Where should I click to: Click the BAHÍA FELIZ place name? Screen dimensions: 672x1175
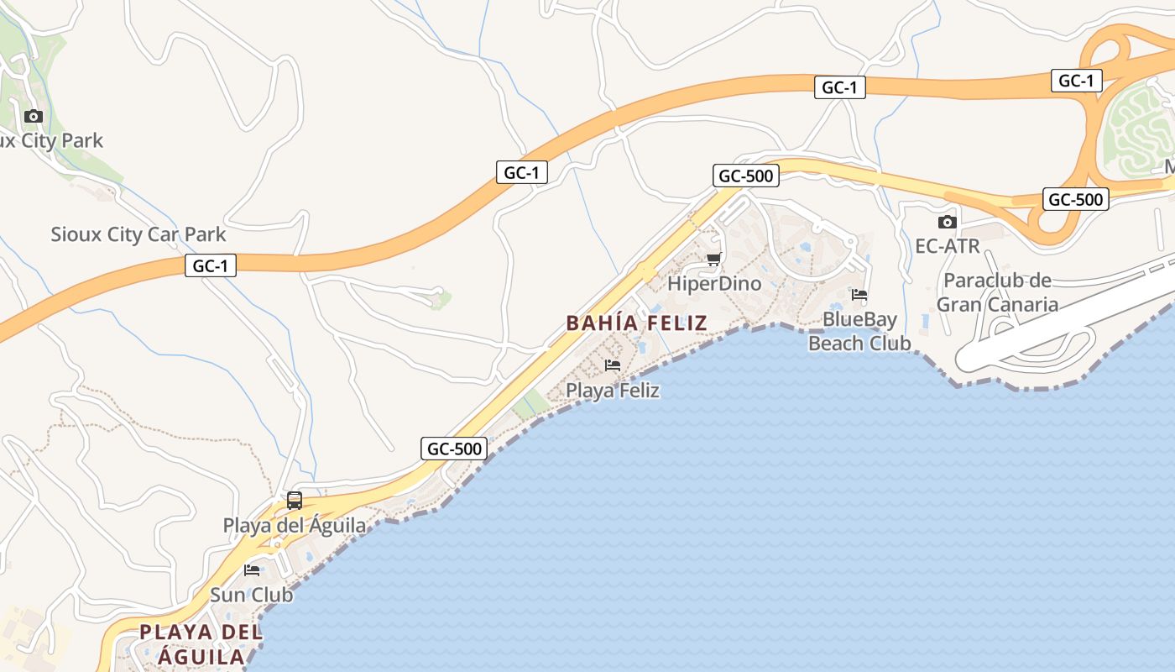point(636,323)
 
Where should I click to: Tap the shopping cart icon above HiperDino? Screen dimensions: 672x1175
point(713,259)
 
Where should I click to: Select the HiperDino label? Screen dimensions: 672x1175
point(714,284)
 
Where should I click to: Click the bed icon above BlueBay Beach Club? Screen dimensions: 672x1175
point(859,295)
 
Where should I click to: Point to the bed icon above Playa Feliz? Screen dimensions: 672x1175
point(613,365)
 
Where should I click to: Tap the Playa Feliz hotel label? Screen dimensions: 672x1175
point(613,391)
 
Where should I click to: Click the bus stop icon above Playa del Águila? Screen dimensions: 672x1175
point(295,501)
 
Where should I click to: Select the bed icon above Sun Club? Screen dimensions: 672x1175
point(252,570)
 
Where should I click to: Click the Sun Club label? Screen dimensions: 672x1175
point(252,595)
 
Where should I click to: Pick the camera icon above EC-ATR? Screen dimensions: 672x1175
point(948,222)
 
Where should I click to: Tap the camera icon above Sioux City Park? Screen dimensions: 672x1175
point(34,116)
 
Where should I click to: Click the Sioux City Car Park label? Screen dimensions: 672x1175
point(138,234)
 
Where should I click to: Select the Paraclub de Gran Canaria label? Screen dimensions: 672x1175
point(997,292)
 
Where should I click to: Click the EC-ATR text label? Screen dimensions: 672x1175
point(948,247)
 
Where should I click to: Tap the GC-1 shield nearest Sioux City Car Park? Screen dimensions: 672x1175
point(211,266)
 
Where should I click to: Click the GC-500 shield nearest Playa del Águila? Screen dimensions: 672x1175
point(454,449)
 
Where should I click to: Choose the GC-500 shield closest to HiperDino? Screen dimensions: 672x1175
point(746,176)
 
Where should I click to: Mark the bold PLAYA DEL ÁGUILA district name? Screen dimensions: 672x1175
point(201,644)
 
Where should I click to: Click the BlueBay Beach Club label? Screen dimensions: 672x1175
point(859,331)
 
